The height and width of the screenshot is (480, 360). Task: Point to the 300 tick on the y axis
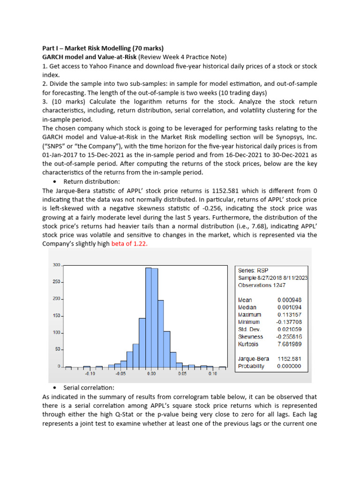[x=56, y=265]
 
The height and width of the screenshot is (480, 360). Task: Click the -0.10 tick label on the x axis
[x=90, y=374]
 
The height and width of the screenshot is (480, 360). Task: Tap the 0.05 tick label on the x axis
[x=182, y=374]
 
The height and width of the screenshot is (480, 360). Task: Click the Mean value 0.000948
[x=289, y=300]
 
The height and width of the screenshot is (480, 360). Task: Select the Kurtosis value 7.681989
[x=289, y=344]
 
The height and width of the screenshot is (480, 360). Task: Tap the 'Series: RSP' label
[x=254, y=270]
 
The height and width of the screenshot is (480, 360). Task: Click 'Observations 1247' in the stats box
[x=261, y=285]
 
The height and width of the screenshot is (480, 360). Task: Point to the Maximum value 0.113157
[x=289, y=315]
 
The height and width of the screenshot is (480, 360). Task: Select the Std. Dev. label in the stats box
[x=249, y=330]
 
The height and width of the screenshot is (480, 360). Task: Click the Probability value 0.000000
[x=289, y=366]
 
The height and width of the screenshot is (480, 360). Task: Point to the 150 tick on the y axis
[x=56, y=316]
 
